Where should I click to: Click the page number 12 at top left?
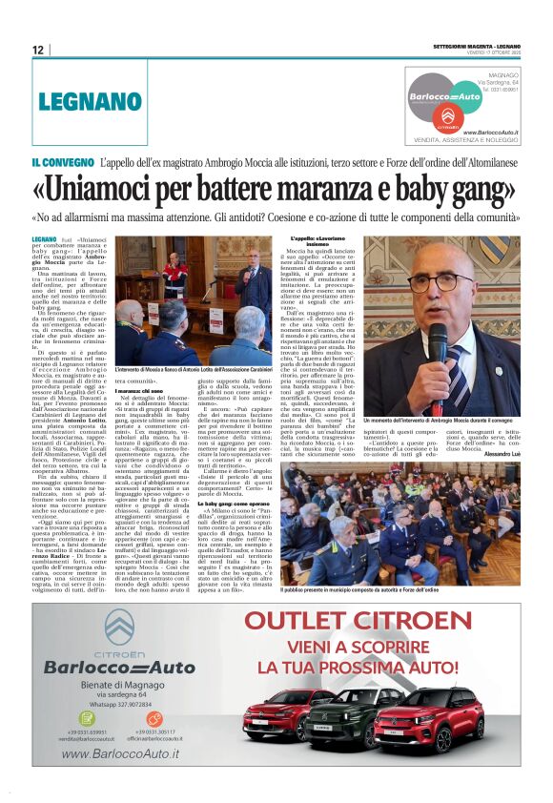(37, 49)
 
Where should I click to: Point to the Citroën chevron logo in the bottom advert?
(121, 626)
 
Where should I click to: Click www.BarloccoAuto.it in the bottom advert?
(121, 755)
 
